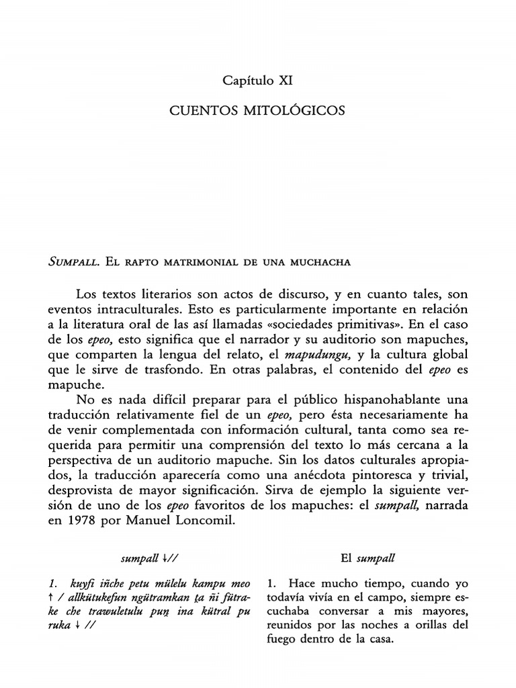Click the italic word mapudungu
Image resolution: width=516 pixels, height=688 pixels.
pos(314,353)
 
